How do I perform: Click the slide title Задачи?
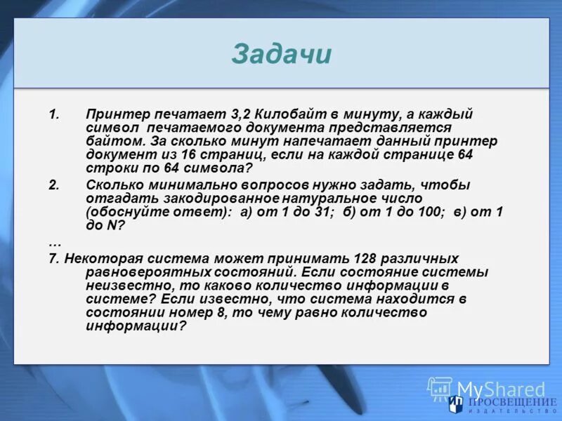click(281, 55)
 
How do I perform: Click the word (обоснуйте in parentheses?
click(122, 211)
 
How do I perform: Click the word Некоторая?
click(97, 258)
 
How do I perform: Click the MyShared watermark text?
click(501, 388)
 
